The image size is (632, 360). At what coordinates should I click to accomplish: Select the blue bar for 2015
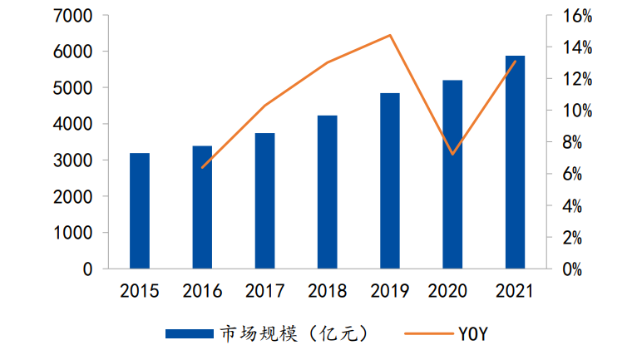pos(140,211)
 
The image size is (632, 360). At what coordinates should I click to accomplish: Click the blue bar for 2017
pos(265,201)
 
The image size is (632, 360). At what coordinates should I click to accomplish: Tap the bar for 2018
pos(328,192)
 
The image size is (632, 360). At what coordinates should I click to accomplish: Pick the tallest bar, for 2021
pos(516,163)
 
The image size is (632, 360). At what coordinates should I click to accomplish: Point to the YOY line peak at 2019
pos(390,35)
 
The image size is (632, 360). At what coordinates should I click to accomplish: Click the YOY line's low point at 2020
pos(452,155)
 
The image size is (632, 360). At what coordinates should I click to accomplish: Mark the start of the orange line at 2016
pos(202,168)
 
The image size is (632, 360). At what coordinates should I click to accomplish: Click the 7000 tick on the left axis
pos(72,16)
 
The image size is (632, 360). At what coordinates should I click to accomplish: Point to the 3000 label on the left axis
pos(72,160)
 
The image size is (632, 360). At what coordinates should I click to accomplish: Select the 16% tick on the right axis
pos(576,16)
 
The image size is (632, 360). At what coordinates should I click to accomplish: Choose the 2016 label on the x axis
pos(202,291)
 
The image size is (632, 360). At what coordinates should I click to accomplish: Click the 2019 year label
pos(390,291)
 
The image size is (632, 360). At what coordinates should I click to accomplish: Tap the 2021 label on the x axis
pos(516,291)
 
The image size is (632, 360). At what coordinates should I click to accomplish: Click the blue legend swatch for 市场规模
pos(190,334)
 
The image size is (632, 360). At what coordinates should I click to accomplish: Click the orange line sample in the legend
pos(426,334)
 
